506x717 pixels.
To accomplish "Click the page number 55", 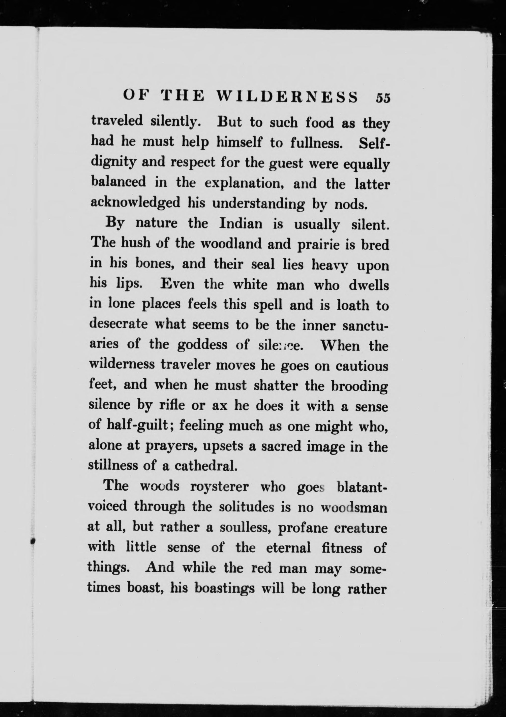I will click(x=383, y=97).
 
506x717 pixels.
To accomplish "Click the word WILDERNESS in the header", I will click(x=287, y=97).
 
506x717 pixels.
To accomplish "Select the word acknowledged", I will click(x=135, y=203).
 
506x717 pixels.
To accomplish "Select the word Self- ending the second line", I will click(x=374, y=142).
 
